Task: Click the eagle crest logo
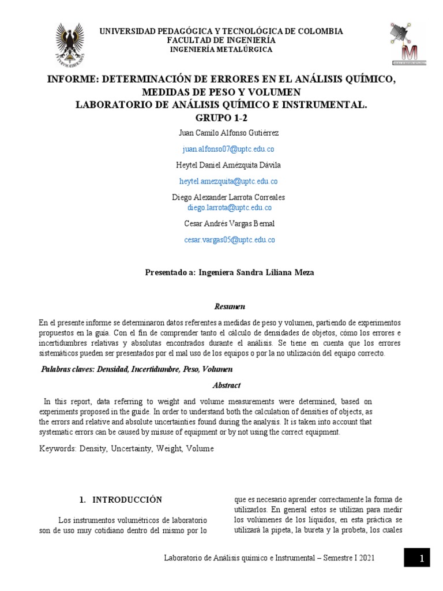(70, 46)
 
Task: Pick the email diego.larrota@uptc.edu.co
(229, 208)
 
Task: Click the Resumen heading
(230, 306)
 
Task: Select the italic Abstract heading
(227, 385)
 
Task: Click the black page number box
(422, 558)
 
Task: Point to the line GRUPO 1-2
(221, 117)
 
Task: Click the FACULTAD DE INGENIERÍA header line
(221, 40)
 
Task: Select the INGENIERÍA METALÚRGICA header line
(221, 50)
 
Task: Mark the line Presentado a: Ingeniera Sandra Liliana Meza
(230, 273)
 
